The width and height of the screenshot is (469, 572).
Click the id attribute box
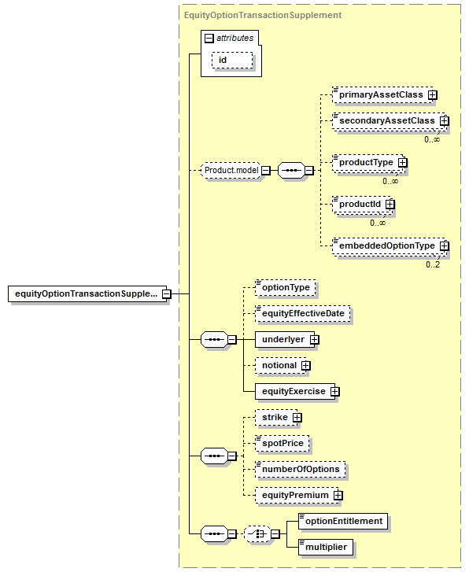click(x=232, y=60)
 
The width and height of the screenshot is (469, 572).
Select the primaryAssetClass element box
click(x=383, y=95)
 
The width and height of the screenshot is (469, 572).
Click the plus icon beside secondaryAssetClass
click(x=444, y=120)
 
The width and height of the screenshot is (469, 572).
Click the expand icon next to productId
click(x=390, y=205)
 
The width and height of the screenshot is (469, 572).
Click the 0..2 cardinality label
click(x=433, y=264)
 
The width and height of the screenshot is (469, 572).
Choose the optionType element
click(x=286, y=287)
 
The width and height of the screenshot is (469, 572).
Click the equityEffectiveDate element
click(x=303, y=314)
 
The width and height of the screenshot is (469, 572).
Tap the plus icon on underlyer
click(x=314, y=340)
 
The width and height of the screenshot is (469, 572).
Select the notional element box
click(x=281, y=366)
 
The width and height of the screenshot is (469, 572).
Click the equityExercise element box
click(x=295, y=391)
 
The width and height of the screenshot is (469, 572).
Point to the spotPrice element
click(x=283, y=443)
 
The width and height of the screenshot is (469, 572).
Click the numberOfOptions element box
click(x=301, y=470)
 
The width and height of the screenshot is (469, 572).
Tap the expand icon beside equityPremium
click(x=338, y=496)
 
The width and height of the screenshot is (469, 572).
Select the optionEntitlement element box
click(x=343, y=522)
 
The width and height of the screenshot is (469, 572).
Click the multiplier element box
click(x=326, y=547)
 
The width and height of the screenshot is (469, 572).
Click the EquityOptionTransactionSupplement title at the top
click(x=263, y=15)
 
